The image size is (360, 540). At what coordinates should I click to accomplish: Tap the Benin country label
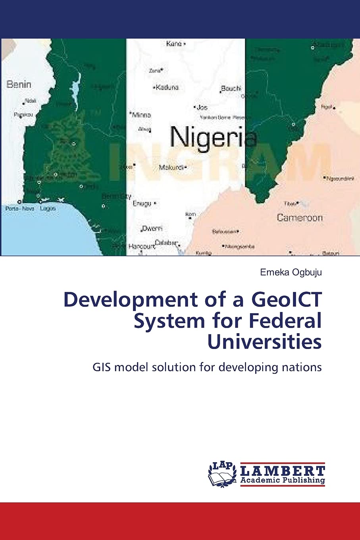pos(19,85)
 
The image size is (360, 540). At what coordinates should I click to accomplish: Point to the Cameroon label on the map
pos(300,218)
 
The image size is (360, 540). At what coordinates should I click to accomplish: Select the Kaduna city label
pos(167,87)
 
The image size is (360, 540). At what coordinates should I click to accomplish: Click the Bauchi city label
pos(231,88)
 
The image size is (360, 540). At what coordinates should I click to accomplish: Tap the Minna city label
pos(141,115)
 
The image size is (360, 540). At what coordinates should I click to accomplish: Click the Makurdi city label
pos(171,168)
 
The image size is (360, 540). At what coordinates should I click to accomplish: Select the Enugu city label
pos(142,204)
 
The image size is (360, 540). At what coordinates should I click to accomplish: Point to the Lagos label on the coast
pos(48,208)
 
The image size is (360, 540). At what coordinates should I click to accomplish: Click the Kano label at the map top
pos(174,44)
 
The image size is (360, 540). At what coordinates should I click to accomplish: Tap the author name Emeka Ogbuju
pos(291,272)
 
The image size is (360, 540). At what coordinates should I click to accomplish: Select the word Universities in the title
pos(264,342)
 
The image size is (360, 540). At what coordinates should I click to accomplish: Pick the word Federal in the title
pos(285,321)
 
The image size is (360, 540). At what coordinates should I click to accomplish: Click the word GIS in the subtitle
pos(101,367)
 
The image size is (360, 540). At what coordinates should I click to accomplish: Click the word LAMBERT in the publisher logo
pos(283,471)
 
